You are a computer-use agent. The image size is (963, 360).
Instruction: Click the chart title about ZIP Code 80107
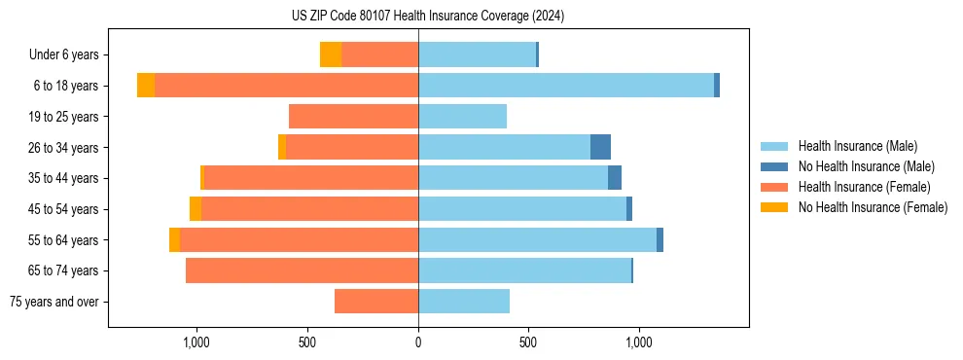point(427,17)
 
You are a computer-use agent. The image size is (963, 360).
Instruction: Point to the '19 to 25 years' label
point(65,117)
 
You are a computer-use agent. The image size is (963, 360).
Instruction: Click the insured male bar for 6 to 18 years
point(566,86)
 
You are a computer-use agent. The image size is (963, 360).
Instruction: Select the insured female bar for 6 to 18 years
point(286,86)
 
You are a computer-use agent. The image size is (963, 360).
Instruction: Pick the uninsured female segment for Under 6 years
point(331,54)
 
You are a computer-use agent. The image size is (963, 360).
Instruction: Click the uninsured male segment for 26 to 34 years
point(600,147)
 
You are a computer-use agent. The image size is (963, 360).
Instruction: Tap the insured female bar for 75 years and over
point(376,302)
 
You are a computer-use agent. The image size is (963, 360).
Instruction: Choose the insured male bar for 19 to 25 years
point(462,117)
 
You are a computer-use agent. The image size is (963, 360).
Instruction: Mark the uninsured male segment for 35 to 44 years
point(615,178)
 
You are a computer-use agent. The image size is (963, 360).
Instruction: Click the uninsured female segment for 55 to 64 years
point(174,239)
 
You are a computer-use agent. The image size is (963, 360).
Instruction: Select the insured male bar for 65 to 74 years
point(524,270)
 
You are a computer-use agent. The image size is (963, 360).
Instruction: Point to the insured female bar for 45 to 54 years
point(309,208)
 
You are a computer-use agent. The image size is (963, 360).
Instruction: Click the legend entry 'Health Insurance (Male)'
point(857,146)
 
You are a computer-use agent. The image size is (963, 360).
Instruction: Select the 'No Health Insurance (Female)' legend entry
point(873,207)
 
